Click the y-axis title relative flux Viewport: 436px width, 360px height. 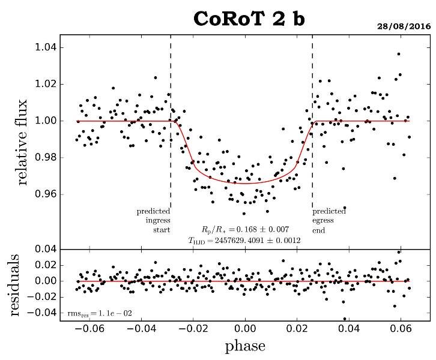23,143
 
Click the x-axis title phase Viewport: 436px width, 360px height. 245,346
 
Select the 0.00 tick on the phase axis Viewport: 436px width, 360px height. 245,329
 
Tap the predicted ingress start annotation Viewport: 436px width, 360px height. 154,220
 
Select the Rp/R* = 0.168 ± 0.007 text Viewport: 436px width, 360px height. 245,229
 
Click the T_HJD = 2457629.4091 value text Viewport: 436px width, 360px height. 245,240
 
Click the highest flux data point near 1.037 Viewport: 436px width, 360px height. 398,54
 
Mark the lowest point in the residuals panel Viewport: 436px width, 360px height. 345,319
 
